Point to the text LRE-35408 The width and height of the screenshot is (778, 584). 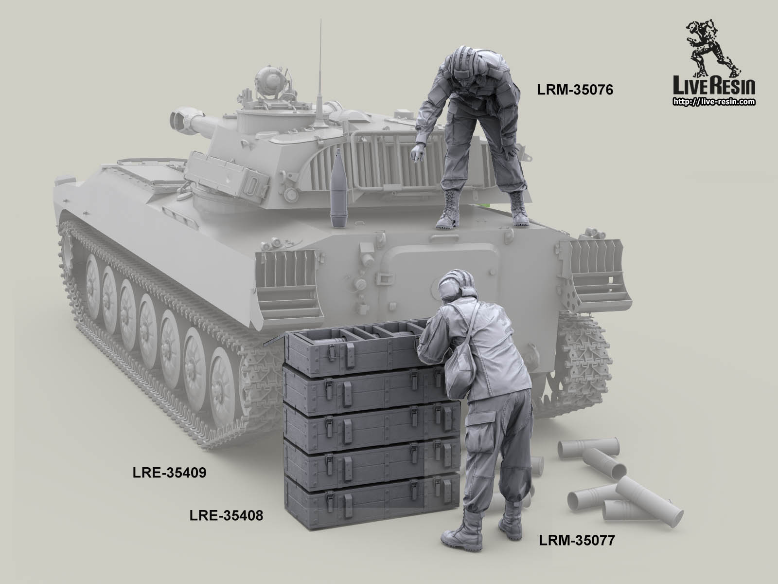point(226,514)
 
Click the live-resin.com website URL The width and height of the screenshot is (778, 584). point(713,102)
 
